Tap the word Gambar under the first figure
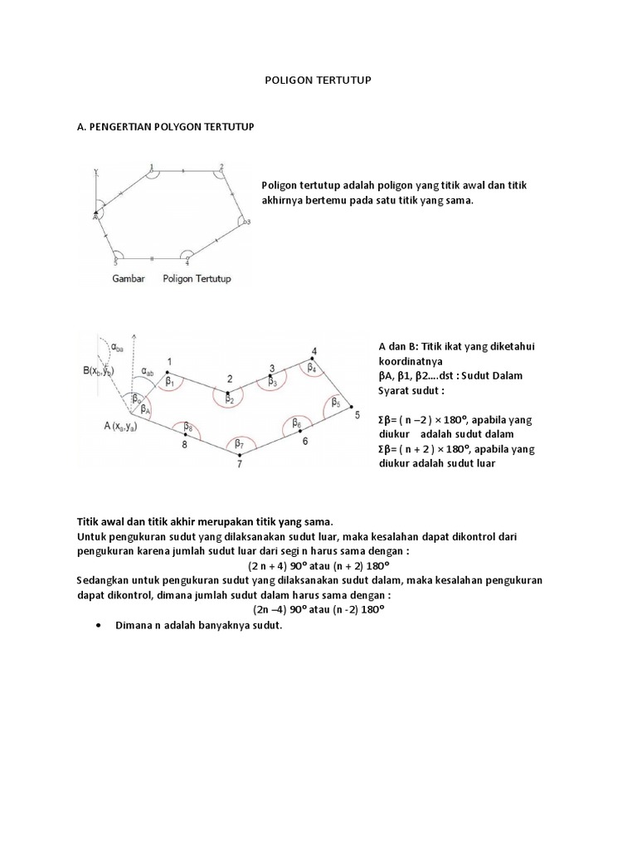[x=129, y=279]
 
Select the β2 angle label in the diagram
[x=229, y=398]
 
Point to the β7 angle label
[x=239, y=443]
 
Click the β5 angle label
[x=335, y=403]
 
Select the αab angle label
[x=148, y=373]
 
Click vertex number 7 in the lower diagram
[x=239, y=464]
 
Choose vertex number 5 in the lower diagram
[x=357, y=414]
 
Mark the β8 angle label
[x=188, y=428]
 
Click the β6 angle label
[x=296, y=423]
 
